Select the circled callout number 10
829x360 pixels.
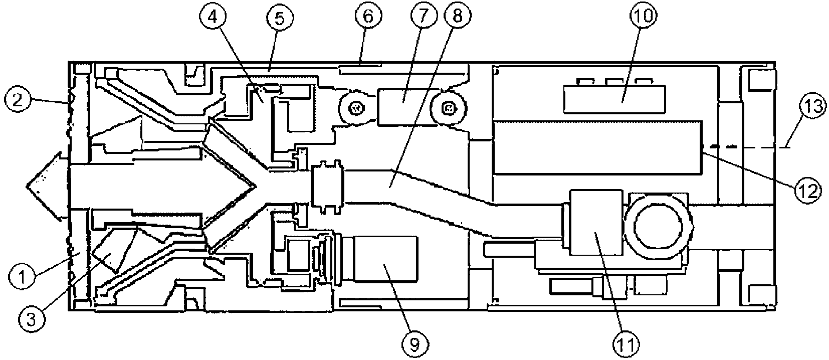644,17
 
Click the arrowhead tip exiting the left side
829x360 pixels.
28,186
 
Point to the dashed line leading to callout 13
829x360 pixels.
747,147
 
